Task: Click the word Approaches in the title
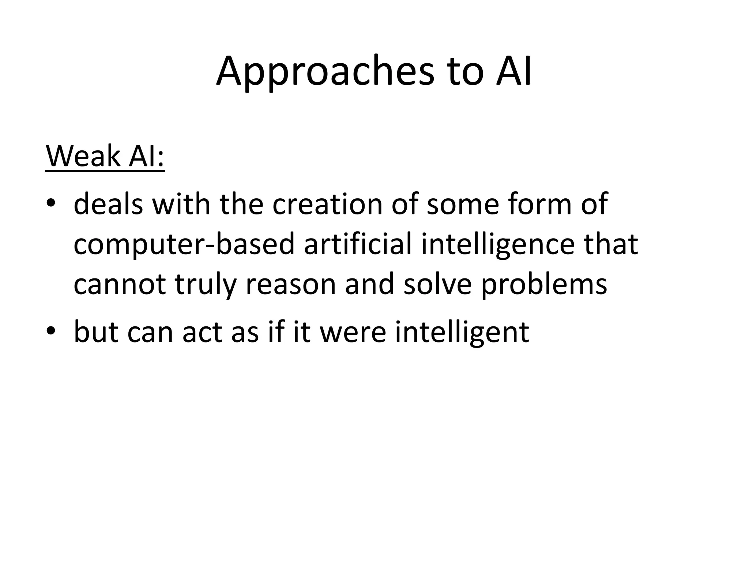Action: (325, 71)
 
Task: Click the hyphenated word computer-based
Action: (184, 244)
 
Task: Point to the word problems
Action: (544, 285)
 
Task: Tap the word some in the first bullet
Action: (463, 204)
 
